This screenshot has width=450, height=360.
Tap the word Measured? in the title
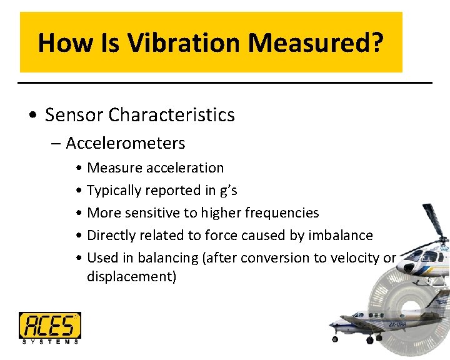coord(316,43)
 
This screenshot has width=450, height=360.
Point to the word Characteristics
coord(171,115)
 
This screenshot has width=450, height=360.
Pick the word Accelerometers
coord(125,143)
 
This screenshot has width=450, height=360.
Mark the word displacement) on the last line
coord(131,276)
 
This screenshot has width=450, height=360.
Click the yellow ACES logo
coord(49,325)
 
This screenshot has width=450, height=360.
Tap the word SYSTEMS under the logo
coord(49,341)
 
